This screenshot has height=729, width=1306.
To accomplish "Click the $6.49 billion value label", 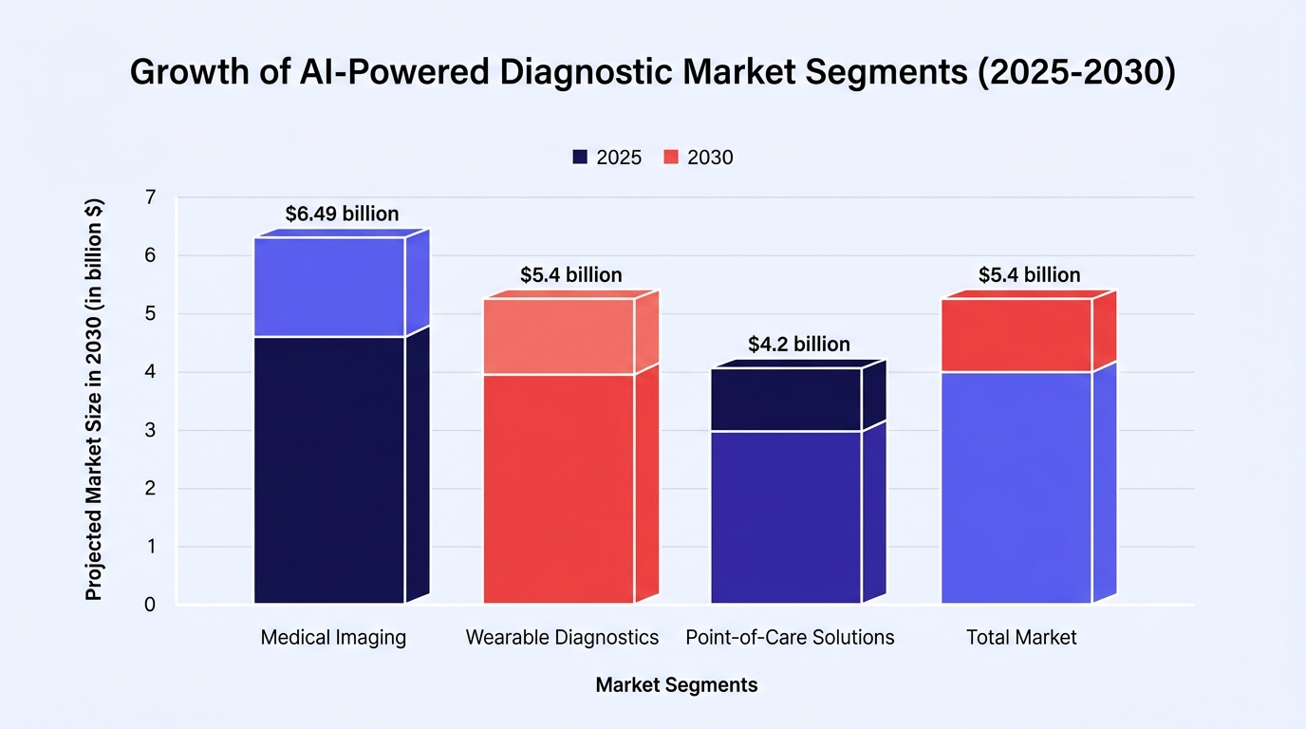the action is (x=342, y=214).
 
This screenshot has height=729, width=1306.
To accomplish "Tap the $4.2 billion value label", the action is (x=799, y=344).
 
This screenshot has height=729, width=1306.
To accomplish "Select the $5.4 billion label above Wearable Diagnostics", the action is (x=570, y=274).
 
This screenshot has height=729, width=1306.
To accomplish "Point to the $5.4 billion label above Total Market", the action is (x=1029, y=274).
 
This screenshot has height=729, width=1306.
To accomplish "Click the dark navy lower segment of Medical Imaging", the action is (x=329, y=470).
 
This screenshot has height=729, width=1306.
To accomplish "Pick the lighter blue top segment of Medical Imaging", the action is (x=329, y=287).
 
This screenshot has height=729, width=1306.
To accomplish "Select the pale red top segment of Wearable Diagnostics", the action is (x=559, y=337).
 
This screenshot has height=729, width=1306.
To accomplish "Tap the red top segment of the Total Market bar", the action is (x=1017, y=335).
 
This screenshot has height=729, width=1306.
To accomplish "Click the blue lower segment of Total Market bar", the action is (x=1017, y=488).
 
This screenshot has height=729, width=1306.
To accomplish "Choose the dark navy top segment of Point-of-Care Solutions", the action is (x=787, y=400).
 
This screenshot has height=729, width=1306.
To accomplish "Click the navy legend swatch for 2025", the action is (x=580, y=157).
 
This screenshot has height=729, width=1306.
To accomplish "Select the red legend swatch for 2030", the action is (x=671, y=157).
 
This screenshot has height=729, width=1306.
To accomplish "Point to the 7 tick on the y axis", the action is (x=151, y=197).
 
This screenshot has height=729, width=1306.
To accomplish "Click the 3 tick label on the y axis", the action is (x=151, y=430).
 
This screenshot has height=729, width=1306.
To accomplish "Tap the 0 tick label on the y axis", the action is (x=150, y=605).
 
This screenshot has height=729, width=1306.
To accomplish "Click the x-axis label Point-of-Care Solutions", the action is (x=790, y=638).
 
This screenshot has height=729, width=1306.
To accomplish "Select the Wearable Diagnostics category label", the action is (x=562, y=638).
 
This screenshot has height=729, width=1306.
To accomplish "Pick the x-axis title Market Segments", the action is (x=677, y=684).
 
